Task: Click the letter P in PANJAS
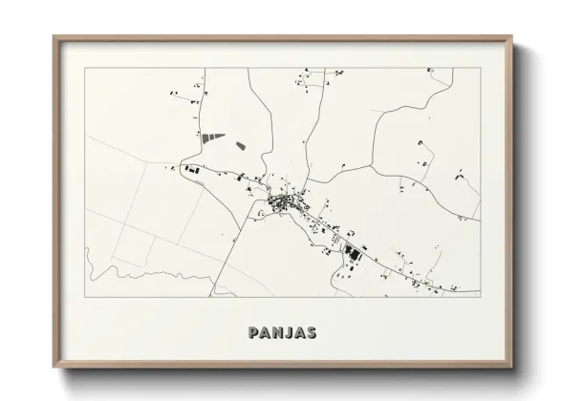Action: pos(253,333)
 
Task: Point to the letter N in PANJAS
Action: pos(273,333)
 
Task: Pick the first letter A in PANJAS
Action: pos(263,333)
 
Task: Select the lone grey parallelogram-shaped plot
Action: pos(239,146)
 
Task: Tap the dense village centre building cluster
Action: pos(283,201)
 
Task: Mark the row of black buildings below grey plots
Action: pos(191,170)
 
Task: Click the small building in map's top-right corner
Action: pos(430,71)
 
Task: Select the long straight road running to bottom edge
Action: pos(229,248)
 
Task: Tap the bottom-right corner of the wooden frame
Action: pos(511,366)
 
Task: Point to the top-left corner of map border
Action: pos(85,68)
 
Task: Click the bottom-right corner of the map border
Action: pos(481,297)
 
